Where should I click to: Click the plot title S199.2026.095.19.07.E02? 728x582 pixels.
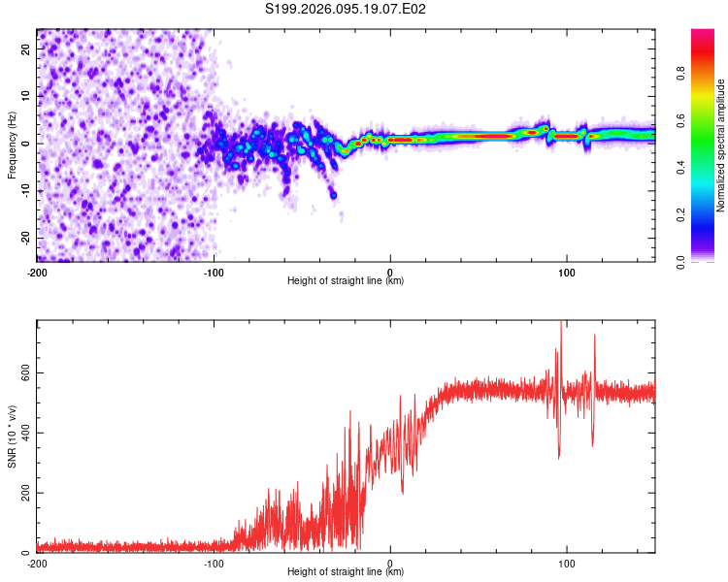click(x=347, y=9)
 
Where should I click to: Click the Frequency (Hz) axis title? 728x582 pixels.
click(x=12, y=145)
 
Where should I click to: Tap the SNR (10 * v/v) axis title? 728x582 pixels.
click(x=12, y=436)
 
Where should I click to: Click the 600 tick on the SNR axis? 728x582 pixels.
click(x=21, y=372)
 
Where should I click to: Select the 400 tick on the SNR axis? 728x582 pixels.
click(x=21, y=433)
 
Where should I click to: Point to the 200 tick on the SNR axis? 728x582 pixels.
click(x=21, y=493)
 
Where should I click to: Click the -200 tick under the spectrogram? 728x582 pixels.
click(x=37, y=272)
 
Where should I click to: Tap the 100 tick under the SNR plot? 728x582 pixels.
click(x=567, y=563)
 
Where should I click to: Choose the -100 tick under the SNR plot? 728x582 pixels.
click(x=214, y=563)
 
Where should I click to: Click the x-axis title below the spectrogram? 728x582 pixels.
click(x=346, y=281)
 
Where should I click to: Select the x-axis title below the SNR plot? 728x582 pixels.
click(x=346, y=572)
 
